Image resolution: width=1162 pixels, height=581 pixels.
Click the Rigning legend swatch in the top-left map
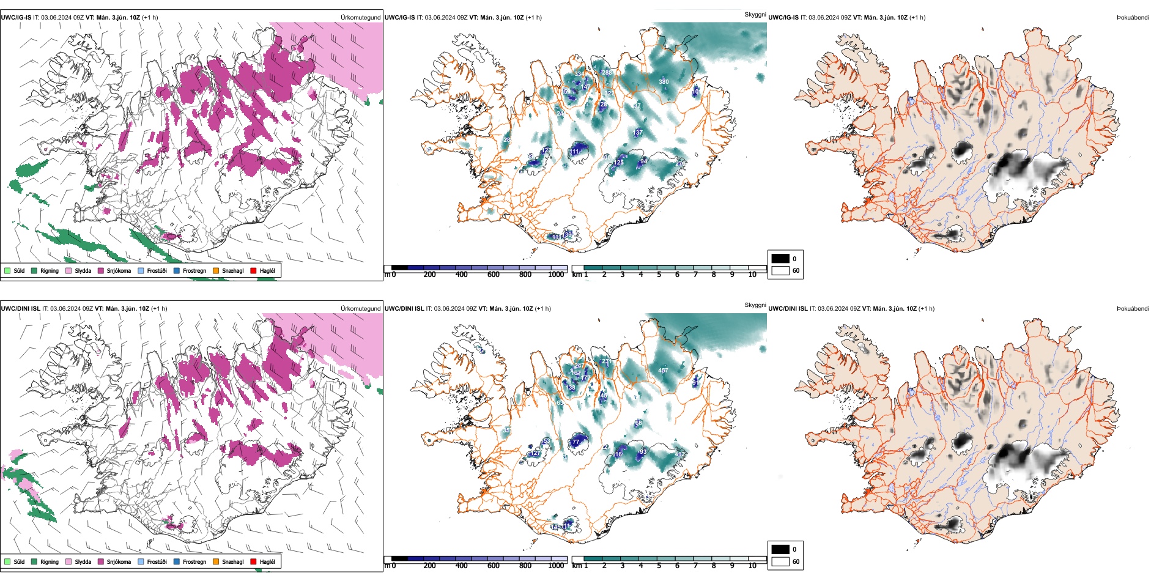click(34, 270)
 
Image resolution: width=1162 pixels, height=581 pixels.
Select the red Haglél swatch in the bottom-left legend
click(254, 561)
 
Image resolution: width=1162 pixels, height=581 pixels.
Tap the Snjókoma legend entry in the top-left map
click(101, 270)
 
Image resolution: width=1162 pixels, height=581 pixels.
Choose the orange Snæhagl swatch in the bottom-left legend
click(216, 561)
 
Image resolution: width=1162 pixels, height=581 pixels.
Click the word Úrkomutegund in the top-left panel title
click(360, 18)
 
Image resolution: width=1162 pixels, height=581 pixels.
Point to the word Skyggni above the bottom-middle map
click(755, 305)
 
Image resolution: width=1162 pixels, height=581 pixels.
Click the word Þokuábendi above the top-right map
click(1133, 18)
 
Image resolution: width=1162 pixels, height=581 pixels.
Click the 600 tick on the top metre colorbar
click(493, 275)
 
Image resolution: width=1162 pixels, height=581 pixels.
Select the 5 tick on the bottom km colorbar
click(659, 566)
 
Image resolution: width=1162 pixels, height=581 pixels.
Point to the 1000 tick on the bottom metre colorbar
click(556, 566)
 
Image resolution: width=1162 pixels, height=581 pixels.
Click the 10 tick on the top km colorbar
click(752, 275)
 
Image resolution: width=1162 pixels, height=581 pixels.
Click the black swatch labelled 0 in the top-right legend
click(780, 258)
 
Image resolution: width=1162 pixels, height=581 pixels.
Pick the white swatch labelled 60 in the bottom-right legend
click(780, 561)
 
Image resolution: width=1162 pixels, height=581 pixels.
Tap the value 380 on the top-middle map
click(664, 81)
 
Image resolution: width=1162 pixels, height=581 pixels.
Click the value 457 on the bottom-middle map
click(663, 371)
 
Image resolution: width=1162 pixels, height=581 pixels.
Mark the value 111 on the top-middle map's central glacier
click(575, 152)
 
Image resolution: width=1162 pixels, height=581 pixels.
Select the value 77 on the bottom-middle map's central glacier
click(575, 442)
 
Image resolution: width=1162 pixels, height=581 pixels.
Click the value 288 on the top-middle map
click(607, 73)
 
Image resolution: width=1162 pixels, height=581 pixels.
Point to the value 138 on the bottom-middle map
click(571, 388)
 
